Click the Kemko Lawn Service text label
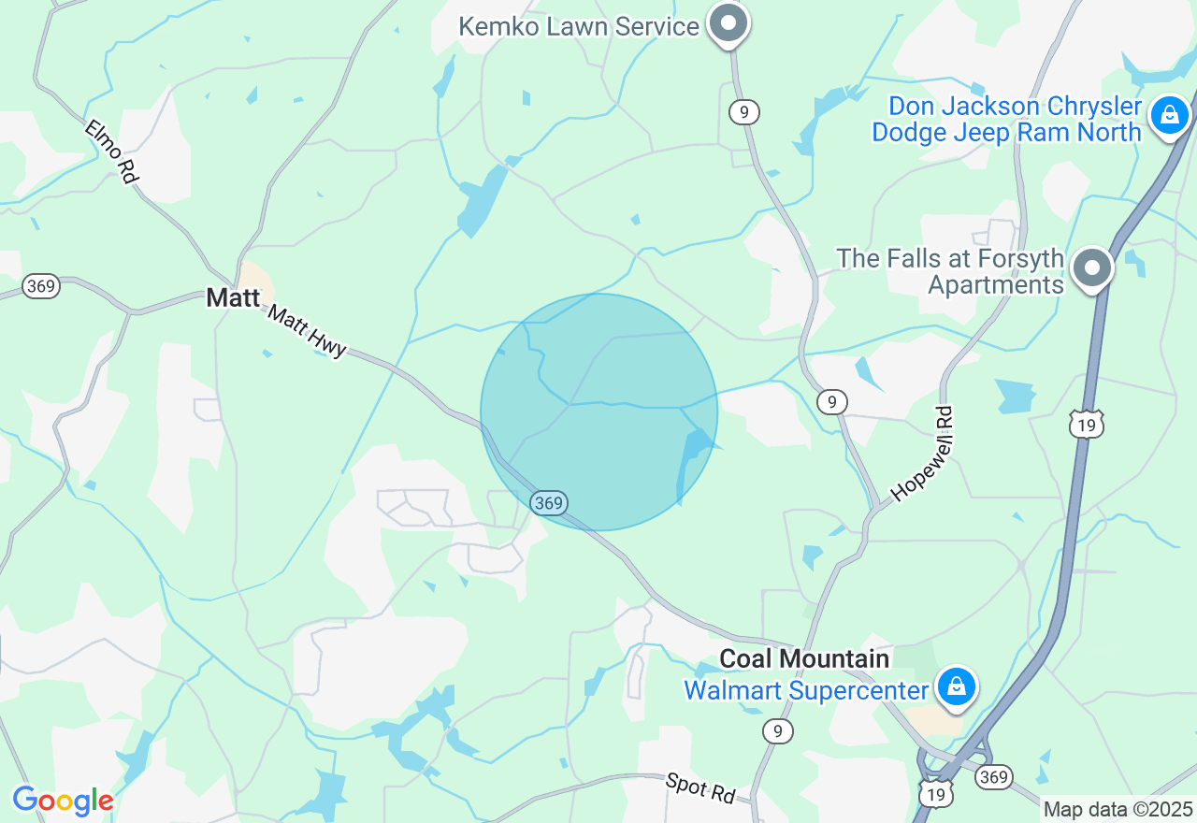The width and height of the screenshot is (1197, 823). [x=578, y=26]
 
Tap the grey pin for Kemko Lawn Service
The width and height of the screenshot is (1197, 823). [x=728, y=22]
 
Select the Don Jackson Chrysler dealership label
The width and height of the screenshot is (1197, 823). [x=1006, y=120]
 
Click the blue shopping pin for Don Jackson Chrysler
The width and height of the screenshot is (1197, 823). [x=1169, y=116]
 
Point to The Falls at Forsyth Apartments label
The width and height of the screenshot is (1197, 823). [x=950, y=271]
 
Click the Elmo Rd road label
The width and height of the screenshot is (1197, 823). [x=110, y=151]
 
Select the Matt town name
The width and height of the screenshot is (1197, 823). [x=233, y=298]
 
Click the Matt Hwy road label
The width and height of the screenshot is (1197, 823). [x=307, y=330]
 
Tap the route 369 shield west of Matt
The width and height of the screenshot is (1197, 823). [x=41, y=286]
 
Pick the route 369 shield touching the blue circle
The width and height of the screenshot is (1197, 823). [x=548, y=503]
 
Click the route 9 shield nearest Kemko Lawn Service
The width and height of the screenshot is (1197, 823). [x=743, y=112]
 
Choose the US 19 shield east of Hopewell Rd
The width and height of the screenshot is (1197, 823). [x=1087, y=425]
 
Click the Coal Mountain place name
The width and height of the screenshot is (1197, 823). [x=804, y=658]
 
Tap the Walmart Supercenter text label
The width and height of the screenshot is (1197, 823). [x=806, y=691]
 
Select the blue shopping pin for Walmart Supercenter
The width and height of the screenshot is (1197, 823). [x=957, y=686]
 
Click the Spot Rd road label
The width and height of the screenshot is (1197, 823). [x=700, y=787]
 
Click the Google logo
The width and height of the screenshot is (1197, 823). [x=63, y=801]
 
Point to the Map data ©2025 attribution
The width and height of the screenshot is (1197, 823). [x=1118, y=809]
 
